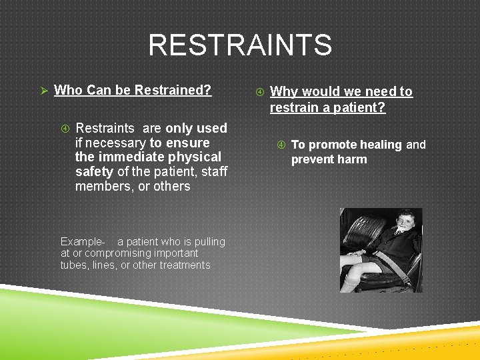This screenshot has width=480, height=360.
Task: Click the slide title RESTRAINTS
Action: click(239, 45)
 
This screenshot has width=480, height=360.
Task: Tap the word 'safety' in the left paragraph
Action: click(94, 172)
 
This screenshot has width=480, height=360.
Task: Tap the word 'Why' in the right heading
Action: click(283, 92)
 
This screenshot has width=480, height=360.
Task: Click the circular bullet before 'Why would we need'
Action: click(261, 92)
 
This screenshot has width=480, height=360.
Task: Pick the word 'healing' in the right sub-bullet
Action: click(381, 145)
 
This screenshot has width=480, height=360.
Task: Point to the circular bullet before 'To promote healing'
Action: click(282, 145)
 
